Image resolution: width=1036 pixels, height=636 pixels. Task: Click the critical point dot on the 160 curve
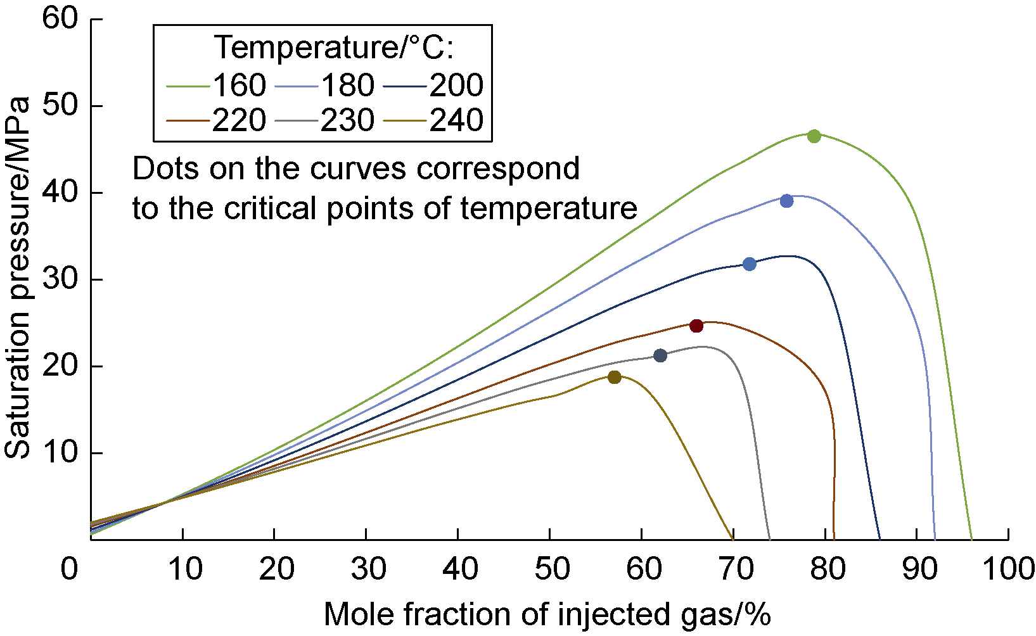coord(814,136)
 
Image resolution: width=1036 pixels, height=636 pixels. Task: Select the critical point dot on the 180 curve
coord(787,201)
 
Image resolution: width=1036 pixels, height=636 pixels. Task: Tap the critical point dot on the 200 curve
coord(750,264)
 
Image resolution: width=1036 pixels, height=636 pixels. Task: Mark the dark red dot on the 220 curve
coord(696,326)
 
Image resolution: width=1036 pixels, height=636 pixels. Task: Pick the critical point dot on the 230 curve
coord(660,355)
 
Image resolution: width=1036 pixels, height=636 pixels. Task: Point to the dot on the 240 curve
coord(614,377)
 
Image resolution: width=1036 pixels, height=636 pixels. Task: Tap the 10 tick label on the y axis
coord(60,453)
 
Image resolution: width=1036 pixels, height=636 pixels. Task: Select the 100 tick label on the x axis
coord(1007,569)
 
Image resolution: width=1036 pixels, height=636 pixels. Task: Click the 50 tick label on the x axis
coord(550,569)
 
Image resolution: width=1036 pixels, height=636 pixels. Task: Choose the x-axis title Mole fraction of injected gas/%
coord(547,614)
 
